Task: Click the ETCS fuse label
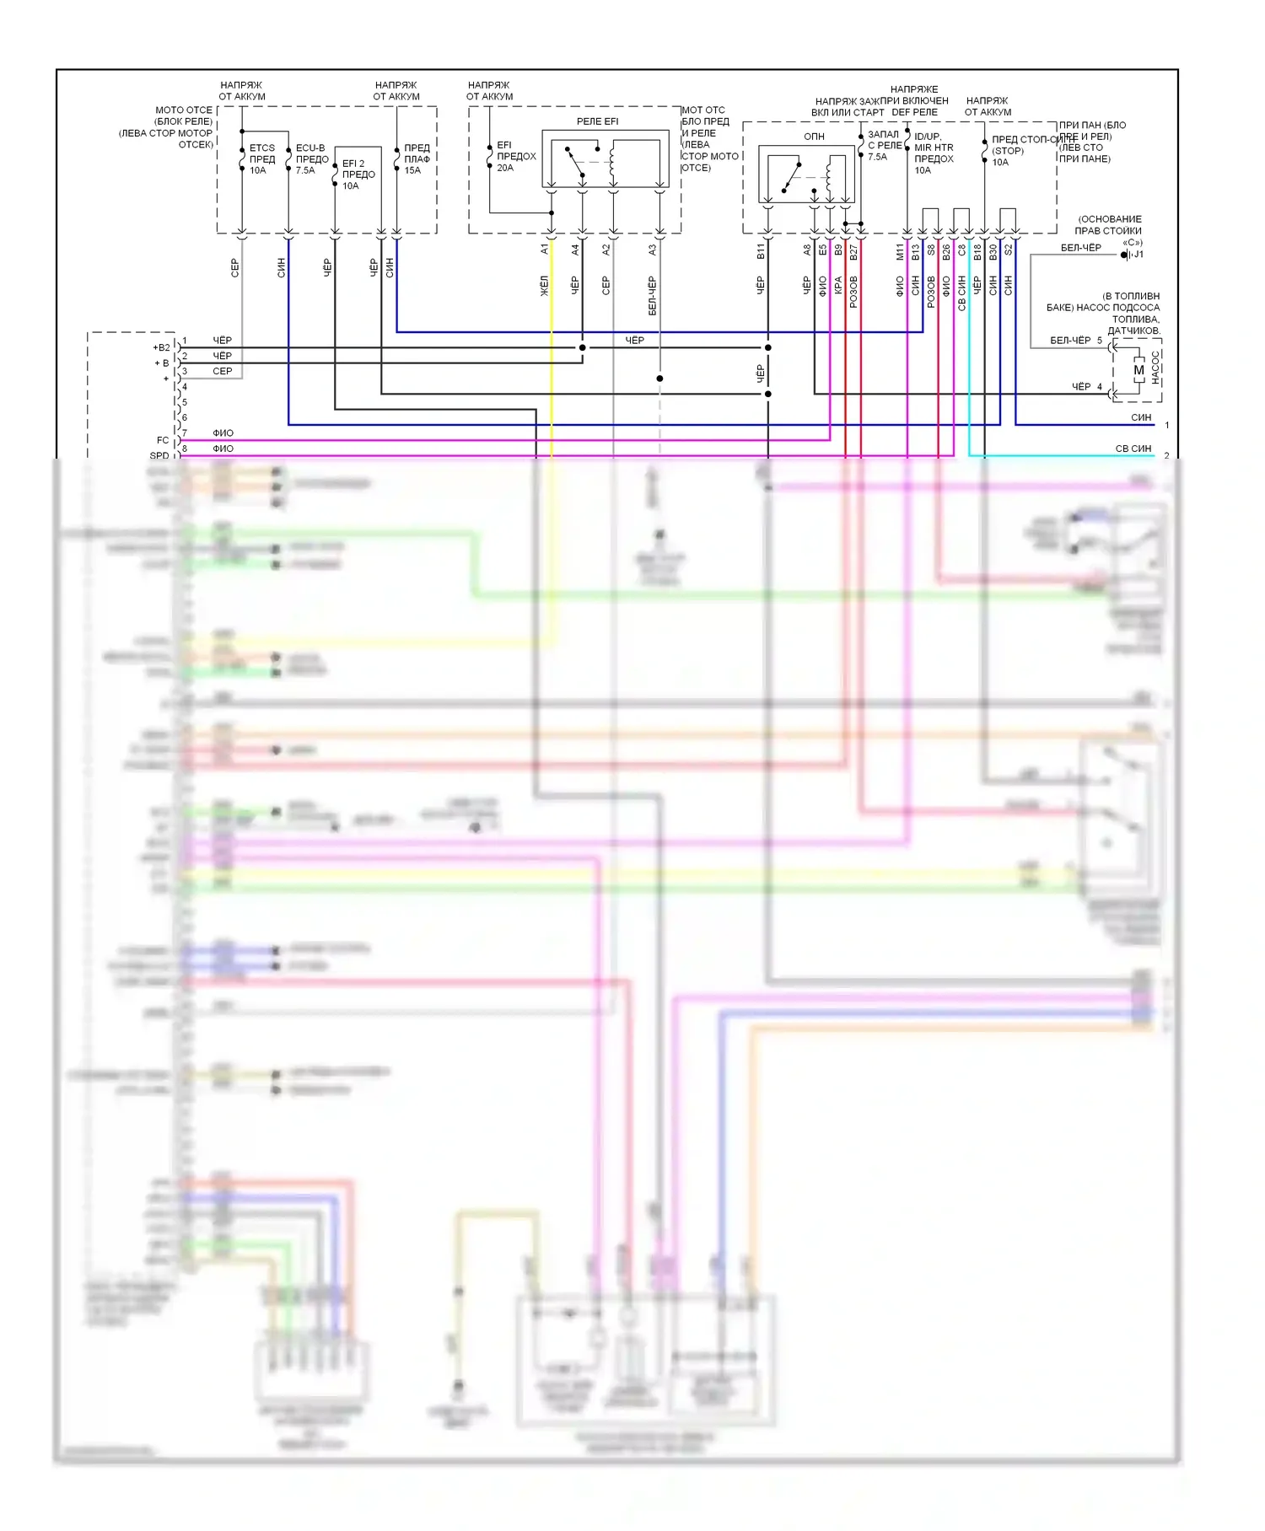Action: [261, 148]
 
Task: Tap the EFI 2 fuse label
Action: [353, 164]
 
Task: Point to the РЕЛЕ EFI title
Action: [597, 122]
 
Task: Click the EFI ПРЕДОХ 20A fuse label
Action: [516, 157]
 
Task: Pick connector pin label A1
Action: [545, 249]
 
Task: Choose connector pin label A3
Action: [653, 250]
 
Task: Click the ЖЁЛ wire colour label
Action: [545, 286]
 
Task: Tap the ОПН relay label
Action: [814, 137]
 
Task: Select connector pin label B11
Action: [761, 250]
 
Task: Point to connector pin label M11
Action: [900, 251]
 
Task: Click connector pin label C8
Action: [961, 250]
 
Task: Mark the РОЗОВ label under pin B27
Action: [853, 291]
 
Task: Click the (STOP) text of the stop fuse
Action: [1008, 151]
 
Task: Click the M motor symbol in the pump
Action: [1138, 370]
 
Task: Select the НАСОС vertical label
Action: [1155, 368]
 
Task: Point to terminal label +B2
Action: [161, 347]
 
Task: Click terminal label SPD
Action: [159, 456]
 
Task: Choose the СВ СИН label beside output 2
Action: [1133, 449]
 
